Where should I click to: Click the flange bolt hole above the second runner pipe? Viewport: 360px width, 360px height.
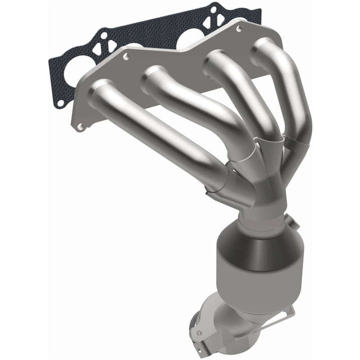click(x=126, y=57)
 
